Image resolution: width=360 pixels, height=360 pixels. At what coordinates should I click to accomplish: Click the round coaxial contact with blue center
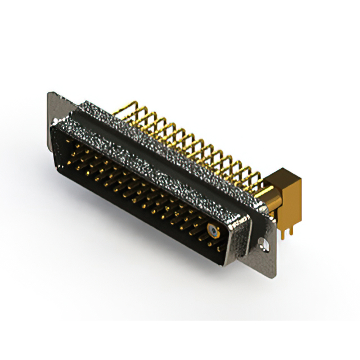(x=212, y=230)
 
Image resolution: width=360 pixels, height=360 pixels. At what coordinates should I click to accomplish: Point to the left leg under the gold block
(x=282, y=228)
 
